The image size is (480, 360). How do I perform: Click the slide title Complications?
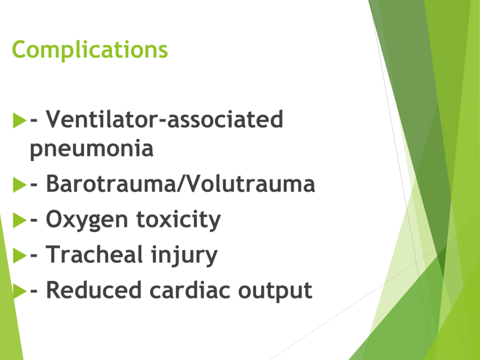[90, 50]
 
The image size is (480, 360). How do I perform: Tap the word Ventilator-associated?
[165, 119]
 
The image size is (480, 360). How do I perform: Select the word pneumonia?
[91, 149]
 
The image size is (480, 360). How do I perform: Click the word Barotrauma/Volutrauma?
[180, 184]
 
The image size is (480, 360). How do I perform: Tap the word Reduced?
[93, 290]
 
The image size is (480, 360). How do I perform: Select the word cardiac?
[190, 290]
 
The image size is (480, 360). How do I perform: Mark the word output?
[275, 291]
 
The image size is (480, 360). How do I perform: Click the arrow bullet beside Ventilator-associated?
[20, 120]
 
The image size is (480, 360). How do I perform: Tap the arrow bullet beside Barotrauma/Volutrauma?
[20, 185]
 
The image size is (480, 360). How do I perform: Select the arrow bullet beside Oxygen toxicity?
[20, 220]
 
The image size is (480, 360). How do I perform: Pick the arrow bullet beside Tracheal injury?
[20, 255]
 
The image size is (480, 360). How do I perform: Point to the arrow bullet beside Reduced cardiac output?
[20, 291]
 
